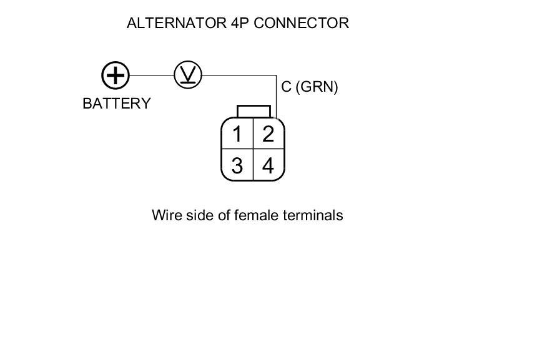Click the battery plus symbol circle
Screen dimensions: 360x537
point(116,75)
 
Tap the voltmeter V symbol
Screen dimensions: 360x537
point(187,75)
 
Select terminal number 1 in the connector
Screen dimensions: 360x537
point(237,134)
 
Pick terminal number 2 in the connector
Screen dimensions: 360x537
point(268,134)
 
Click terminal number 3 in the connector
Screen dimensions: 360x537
point(237,166)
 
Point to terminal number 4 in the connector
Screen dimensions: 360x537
point(268,166)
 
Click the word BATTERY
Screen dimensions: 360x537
point(117,104)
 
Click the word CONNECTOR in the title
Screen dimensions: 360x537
point(301,24)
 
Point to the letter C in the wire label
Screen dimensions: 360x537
point(287,87)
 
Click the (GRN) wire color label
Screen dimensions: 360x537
point(317,87)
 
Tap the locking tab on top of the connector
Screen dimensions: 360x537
point(254,111)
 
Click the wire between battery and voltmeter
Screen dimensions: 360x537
point(151,75)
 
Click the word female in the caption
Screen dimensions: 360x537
point(257,215)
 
